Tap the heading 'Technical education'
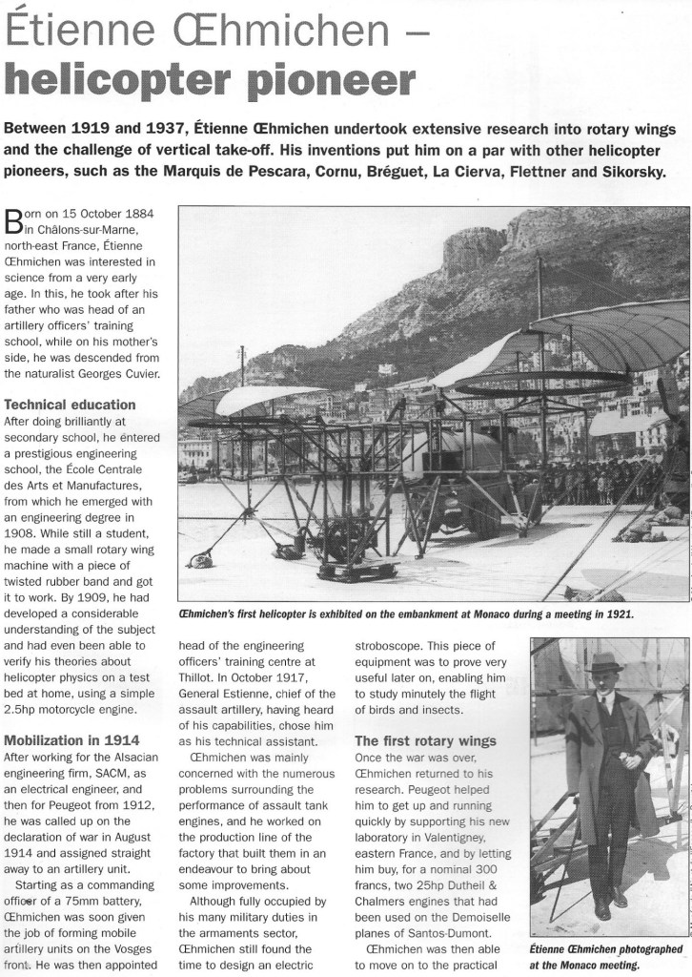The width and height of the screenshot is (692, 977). [69, 405]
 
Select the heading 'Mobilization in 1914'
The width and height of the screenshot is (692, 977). [72, 739]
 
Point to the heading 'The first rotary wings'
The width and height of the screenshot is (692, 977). [425, 741]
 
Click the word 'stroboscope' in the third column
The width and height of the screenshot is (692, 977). [393, 644]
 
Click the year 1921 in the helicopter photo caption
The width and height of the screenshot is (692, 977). [618, 615]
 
